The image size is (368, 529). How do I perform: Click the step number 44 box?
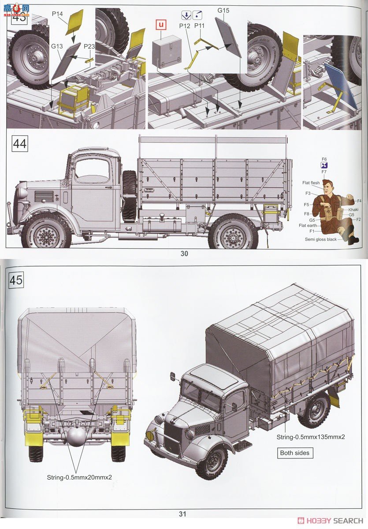pyautogui.click(x=19, y=144)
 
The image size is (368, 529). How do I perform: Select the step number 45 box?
pyautogui.click(x=16, y=280)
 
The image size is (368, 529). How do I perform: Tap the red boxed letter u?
pyautogui.click(x=161, y=25)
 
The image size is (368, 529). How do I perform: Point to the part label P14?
pyautogui.click(x=57, y=14)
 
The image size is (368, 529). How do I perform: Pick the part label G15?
pyautogui.click(x=223, y=10)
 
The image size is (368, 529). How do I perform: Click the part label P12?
pyautogui.click(x=185, y=26)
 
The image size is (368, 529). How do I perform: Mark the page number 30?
pyautogui.click(x=184, y=253)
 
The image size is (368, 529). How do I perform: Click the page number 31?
pyautogui.click(x=183, y=514)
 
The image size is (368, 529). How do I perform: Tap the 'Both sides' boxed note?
pyautogui.click(x=295, y=453)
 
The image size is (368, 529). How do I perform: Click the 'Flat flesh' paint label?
pyautogui.click(x=311, y=183)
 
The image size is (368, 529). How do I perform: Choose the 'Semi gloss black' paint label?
pyautogui.click(x=320, y=239)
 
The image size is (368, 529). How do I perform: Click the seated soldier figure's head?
pyautogui.click(x=328, y=187)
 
